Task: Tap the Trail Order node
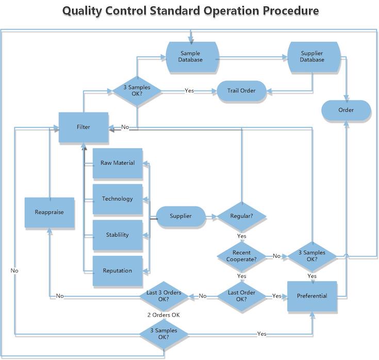(x=241, y=91)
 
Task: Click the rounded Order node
(x=346, y=110)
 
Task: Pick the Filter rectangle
(x=84, y=127)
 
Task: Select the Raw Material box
(x=118, y=163)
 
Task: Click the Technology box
(x=118, y=199)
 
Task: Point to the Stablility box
(x=118, y=235)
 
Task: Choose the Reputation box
(x=118, y=271)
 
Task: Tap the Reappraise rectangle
(x=50, y=212)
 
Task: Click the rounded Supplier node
(x=181, y=216)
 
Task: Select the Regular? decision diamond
(x=241, y=216)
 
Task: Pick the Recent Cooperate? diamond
(x=241, y=256)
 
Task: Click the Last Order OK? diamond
(x=241, y=296)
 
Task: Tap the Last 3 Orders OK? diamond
(x=163, y=296)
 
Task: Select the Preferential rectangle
(x=312, y=296)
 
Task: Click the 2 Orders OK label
(x=163, y=315)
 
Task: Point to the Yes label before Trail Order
(x=189, y=90)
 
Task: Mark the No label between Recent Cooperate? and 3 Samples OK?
(x=276, y=256)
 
